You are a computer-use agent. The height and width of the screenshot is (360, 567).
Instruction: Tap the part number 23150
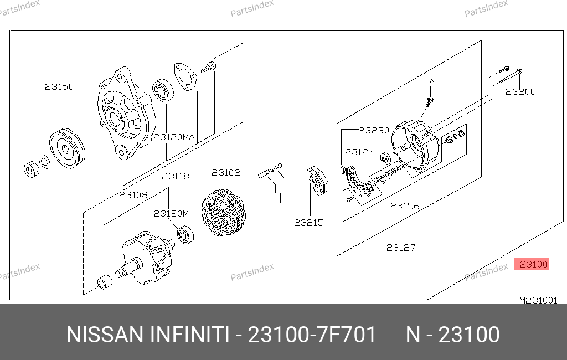[59, 86]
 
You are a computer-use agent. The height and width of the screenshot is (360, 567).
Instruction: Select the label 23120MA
[174, 137]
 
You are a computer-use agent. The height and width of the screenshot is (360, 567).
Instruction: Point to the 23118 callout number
[176, 176]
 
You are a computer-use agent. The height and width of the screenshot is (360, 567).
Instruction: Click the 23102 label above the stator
[226, 173]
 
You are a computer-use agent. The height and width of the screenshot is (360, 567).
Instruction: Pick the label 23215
[309, 223]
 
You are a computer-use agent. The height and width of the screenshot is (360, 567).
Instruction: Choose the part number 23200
[520, 91]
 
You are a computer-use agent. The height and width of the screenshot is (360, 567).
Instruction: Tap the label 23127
[401, 248]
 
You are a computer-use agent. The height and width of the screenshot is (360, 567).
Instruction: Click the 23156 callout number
[405, 206]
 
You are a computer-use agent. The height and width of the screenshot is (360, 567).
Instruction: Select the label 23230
[374, 130]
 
